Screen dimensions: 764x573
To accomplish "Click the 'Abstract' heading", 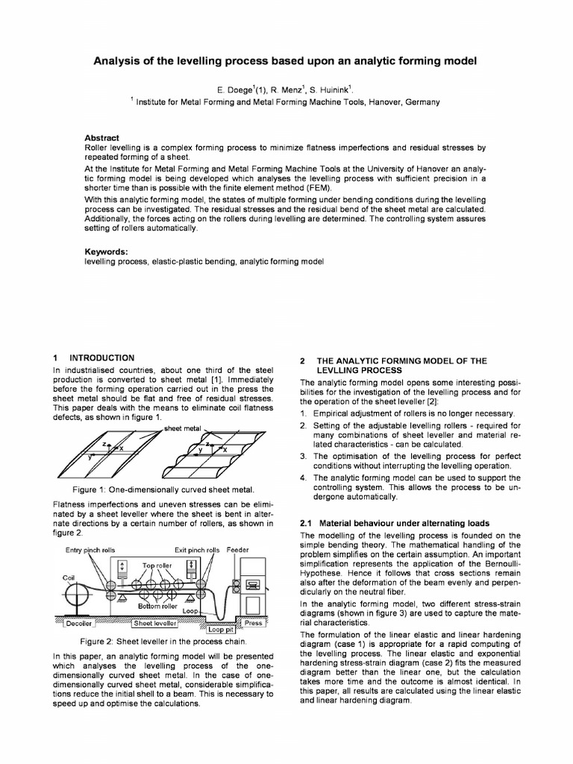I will tap(102, 138).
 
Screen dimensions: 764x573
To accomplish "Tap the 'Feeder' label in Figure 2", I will tap(239, 550).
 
